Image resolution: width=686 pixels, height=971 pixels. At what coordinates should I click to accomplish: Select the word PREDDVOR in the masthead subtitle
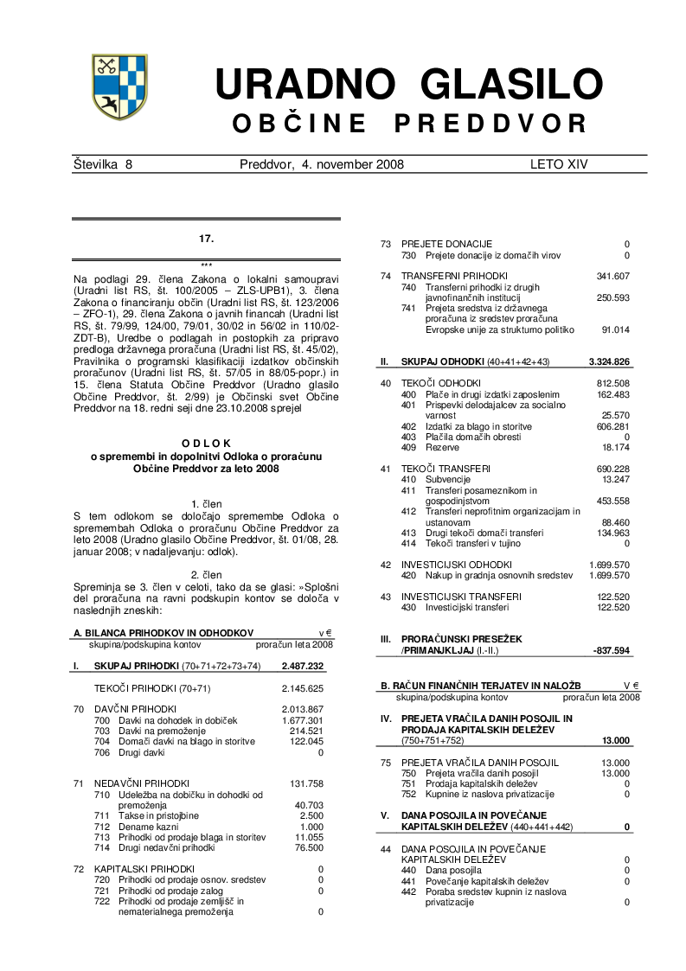490,124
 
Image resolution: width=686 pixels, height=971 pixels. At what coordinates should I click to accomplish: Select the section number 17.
206,237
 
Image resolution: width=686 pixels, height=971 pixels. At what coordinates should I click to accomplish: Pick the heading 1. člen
206,503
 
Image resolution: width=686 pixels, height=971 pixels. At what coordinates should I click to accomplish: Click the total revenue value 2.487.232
302,666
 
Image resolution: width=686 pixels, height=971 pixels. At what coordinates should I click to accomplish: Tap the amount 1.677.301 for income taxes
303,720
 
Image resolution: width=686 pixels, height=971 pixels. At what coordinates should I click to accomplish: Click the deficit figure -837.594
611,649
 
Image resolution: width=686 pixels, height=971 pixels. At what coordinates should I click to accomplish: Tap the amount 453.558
613,501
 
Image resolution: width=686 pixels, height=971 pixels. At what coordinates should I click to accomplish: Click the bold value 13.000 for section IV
616,741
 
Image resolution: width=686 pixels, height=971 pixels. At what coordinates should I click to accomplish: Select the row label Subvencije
450,479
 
